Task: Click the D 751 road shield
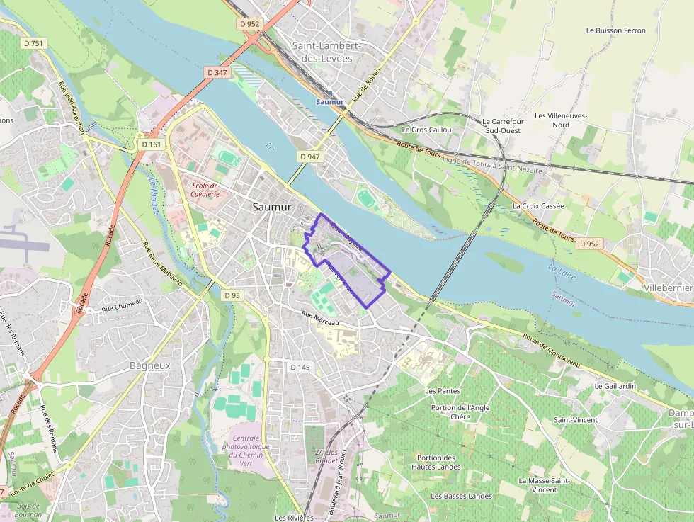(x=33, y=43)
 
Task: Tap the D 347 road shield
(x=217, y=72)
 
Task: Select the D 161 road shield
(x=152, y=144)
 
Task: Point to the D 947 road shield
(x=310, y=156)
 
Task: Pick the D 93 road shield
(x=232, y=295)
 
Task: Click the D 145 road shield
(x=300, y=367)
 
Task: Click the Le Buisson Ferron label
(x=616, y=30)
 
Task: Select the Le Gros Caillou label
(x=426, y=130)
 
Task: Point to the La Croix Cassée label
(x=538, y=206)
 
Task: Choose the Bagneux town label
(x=150, y=365)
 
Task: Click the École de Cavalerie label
(x=206, y=189)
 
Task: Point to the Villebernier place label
(x=669, y=288)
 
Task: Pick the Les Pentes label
(x=442, y=391)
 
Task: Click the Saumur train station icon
(x=330, y=92)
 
